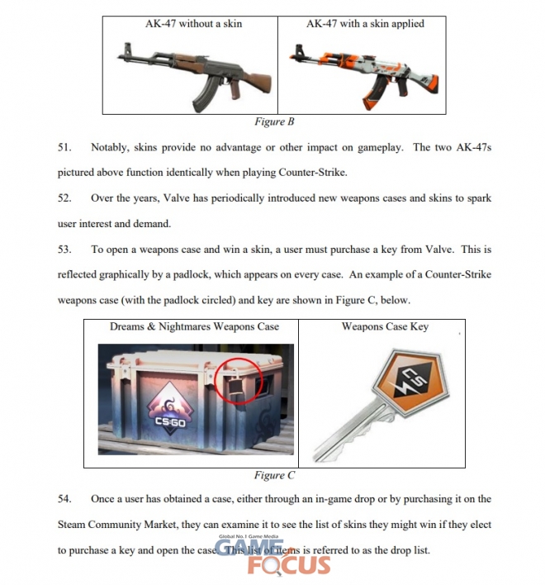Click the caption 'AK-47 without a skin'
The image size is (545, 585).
tap(193, 24)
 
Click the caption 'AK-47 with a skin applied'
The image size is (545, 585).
tap(365, 24)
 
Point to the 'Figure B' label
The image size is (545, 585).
tap(273, 122)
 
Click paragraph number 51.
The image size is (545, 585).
tap(66, 148)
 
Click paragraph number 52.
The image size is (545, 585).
tap(66, 199)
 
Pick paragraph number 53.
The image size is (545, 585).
tap(66, 250)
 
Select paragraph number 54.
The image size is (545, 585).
tap(66, 499)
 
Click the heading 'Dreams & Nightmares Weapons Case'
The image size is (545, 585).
tap(194, 327)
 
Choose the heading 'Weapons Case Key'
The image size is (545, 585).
tap(385, 327)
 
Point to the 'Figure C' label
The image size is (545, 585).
tap(274, 475)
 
